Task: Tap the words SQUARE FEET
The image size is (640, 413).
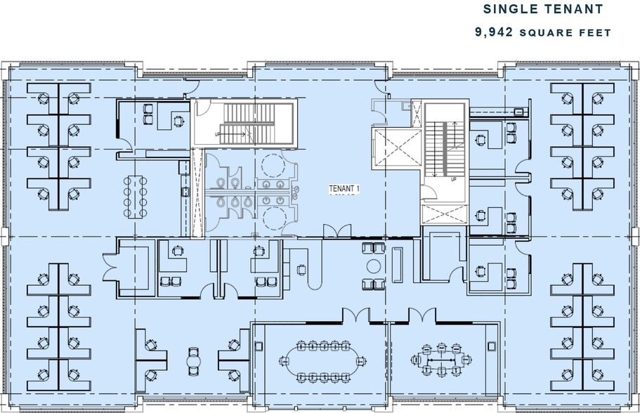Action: coord(574,32)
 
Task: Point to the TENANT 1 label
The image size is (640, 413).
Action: coord(344,189)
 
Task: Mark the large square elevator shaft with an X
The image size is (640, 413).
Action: coord(389,148)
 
